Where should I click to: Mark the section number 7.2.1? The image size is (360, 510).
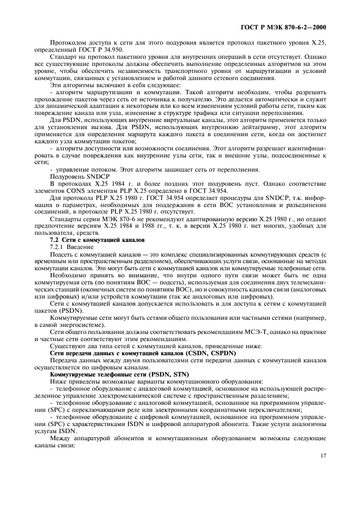click(57, 247)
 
